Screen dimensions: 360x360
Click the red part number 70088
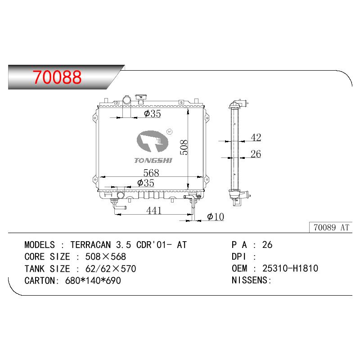pos(57,77)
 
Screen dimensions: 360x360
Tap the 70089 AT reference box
pos(331,227)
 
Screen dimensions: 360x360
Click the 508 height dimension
pos(184,148)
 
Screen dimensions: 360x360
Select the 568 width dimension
pos(151,173)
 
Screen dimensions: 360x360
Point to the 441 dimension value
pos(154,210)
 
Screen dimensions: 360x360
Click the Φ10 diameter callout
pos(216,216)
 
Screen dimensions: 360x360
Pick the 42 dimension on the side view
pos(256,137)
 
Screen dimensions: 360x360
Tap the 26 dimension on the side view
pos(256,154)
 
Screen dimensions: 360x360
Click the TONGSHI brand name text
pos(153,161)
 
